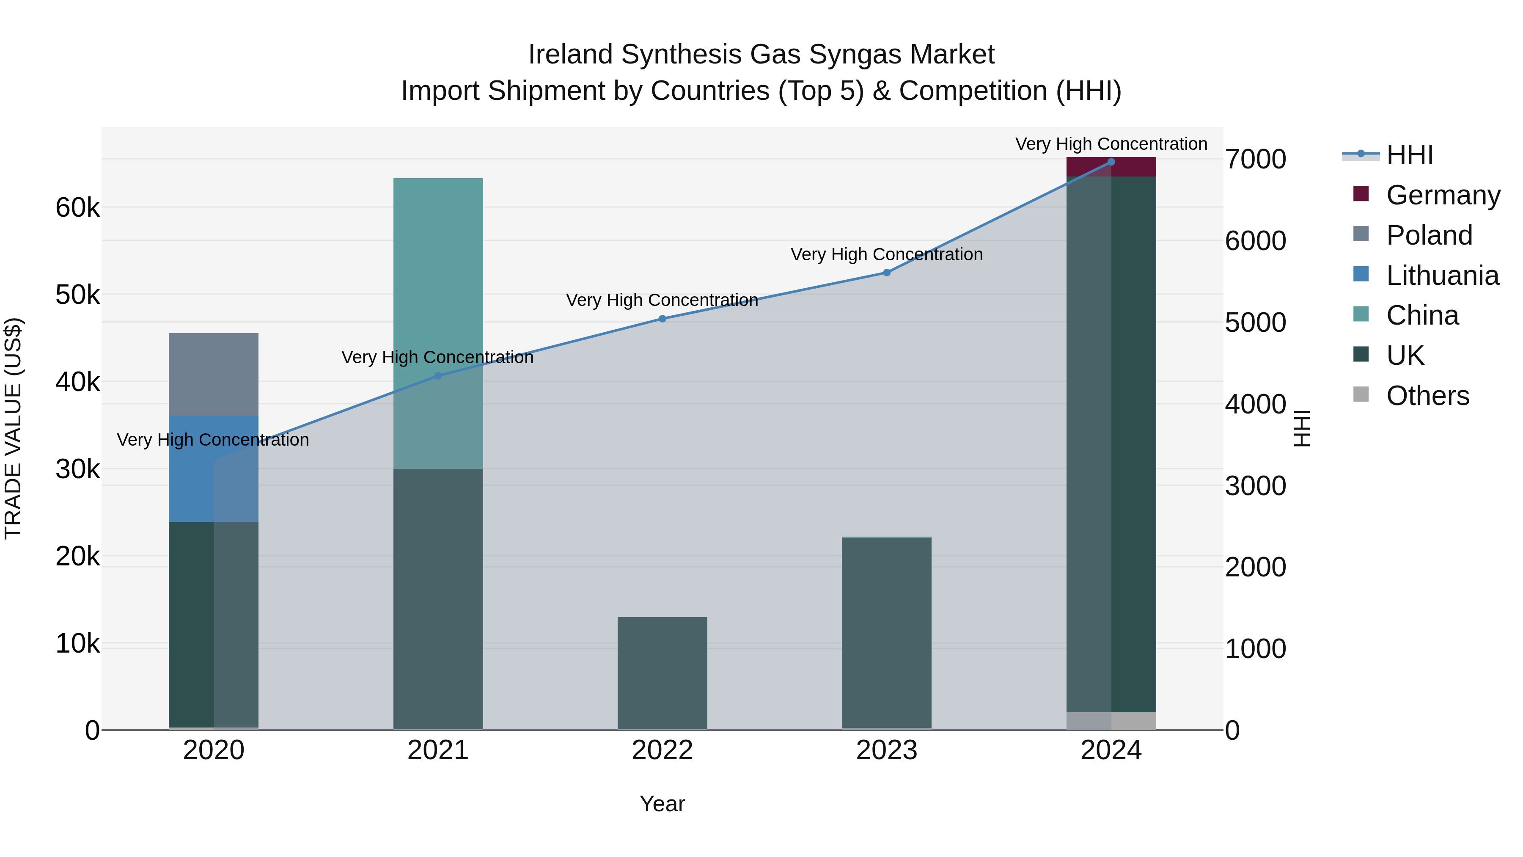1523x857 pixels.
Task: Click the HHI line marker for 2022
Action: (662, 319)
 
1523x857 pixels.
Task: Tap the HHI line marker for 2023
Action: (887, 273)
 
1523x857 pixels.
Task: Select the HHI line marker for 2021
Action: (438, 375)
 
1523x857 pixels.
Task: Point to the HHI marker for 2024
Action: (1111, 162)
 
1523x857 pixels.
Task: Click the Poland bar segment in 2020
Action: (214, 375)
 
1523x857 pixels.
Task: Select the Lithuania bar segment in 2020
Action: (214, 468)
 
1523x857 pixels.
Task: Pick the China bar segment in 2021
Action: (438, 323)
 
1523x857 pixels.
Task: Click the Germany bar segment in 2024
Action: (1111, 167)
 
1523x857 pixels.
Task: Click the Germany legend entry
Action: (1443, 195)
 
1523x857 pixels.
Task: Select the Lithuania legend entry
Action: (1442, 276)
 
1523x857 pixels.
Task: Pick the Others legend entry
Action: (1427, 396)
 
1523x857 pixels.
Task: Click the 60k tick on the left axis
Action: (77, 208)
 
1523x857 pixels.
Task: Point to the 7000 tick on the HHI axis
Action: (1255, 159)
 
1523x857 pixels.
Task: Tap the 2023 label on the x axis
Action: (886, 750)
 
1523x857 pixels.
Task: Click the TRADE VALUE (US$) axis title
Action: (13, 428)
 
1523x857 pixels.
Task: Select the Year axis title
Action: (662, 804)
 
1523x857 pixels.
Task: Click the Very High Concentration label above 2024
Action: (1111, 144)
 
